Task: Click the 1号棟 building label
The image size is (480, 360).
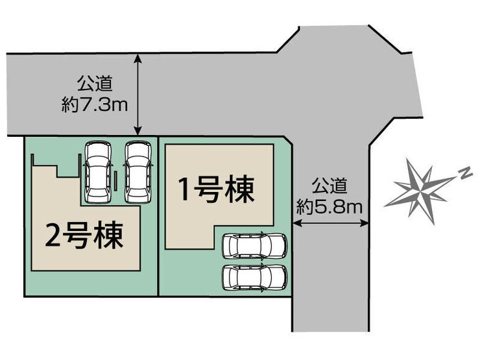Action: (x=217, y=190)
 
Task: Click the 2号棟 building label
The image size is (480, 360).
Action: (x=84, y=235)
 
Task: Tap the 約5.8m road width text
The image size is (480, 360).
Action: (x=330, y=208)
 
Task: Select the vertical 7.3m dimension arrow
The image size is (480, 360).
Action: (x=138, y=95)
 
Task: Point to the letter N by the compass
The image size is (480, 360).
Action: (x=466, y=174)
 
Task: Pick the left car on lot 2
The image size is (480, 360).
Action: (x=98, y=172)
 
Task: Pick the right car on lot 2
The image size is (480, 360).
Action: (x=138, y=172)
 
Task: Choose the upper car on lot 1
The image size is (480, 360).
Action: (x=255, y=245)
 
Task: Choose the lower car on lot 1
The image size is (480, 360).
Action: (x=255, y=278)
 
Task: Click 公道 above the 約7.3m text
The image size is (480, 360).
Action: (x=95, y=83)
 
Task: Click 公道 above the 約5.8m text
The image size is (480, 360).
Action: (x=330, y=186)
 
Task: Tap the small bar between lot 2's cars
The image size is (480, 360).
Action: (x=115, y=181)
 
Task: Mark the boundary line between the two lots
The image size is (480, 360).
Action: (x=158, y=216)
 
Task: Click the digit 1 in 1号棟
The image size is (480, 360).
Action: (x=185, y=190)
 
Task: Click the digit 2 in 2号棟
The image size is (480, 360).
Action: (x=53, y=235)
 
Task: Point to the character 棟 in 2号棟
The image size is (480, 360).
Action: (x=109, y=235)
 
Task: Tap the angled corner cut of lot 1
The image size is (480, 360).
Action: (x=289, y=141)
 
